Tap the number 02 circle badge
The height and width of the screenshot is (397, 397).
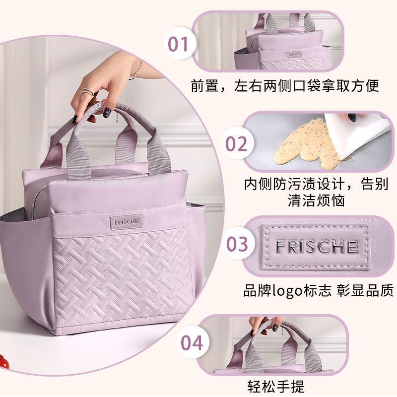(237, 143)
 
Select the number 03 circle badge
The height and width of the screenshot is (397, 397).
(237, 244)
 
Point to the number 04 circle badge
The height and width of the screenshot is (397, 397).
(192, 342)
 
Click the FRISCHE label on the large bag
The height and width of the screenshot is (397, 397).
(126, 222)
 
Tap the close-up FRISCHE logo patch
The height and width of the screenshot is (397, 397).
(316, 246)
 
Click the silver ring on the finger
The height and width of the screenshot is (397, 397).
(87, 92)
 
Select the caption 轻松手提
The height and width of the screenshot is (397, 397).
(275, 386)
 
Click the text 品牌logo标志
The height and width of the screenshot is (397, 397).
(287, 290)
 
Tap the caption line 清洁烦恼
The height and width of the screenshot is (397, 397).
(316, 201)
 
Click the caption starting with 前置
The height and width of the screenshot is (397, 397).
(285, 85)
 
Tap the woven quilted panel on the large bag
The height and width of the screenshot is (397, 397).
(123, 275)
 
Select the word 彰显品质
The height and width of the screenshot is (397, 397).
(365, 290)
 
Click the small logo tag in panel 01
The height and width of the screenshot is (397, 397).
(294, 55)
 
